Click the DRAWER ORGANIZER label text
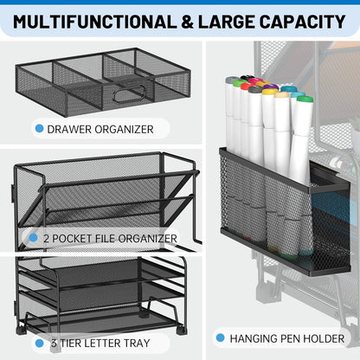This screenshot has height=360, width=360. tap(101, 129)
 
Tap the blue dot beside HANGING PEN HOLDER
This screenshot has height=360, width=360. tap(220, 338)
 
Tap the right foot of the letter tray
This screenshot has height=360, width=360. tap(181, 331)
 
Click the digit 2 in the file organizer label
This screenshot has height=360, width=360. tap(45, 236)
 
